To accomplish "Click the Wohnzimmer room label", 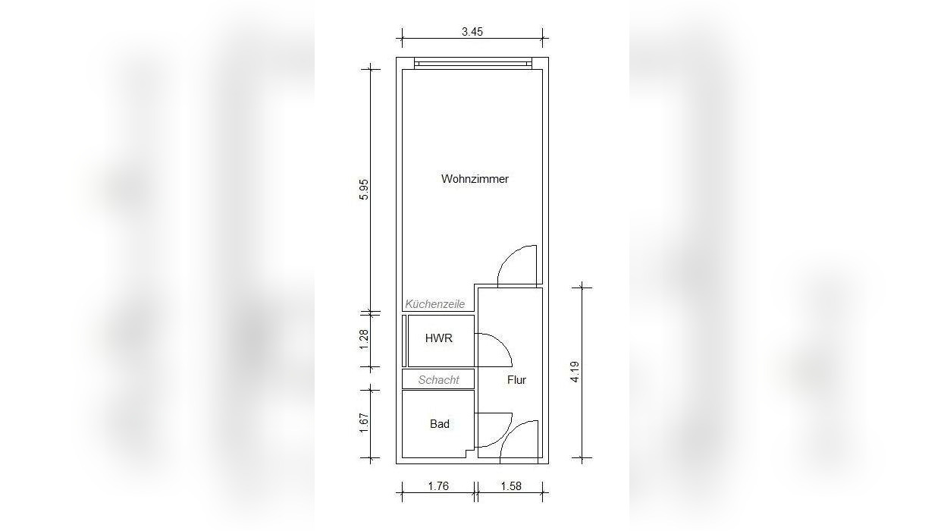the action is [x=475, y=179].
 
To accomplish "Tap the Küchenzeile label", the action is [x=435, y=303].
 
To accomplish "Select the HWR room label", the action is [x=439, y=338].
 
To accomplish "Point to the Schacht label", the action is [x=438, y=380].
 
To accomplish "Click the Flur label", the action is [x=516, y=380].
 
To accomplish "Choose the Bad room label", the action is [x=440, y=424].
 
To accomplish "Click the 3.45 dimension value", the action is [x=472, y=32].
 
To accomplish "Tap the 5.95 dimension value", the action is [x=364, y=190].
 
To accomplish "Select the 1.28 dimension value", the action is [x=364, y=340].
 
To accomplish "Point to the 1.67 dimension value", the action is [x=364, y=423].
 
